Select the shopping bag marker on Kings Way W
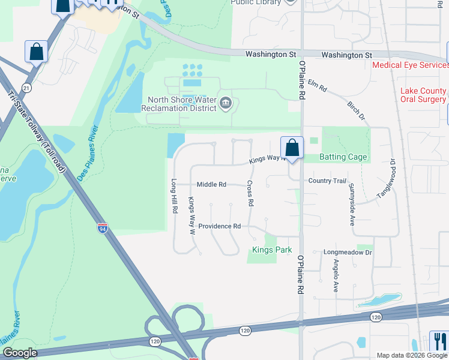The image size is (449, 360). click(x=292, y=148)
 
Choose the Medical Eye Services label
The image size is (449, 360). click(x=409, y=65)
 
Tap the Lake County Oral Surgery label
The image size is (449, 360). click(x=423, y=95)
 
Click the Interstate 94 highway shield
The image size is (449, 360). click(x=103, y=228)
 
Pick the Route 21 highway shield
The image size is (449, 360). click(x=25, y=88)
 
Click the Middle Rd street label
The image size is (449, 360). click(x=211, y=184)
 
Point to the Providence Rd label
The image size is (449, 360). click(x=220, y=226)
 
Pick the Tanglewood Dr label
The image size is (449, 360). click(x=386, y=179)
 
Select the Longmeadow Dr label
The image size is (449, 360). click(x=348, y=253)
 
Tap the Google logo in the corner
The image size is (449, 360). click(x=20, y=353)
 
